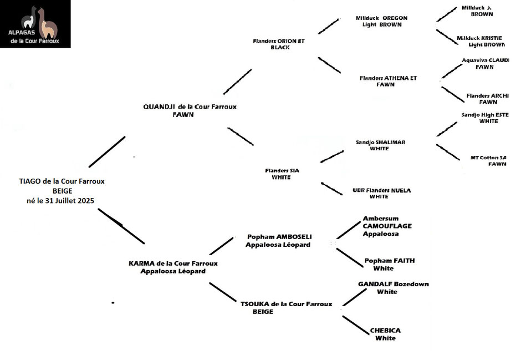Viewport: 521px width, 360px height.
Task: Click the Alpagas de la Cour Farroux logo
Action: coord(35,24)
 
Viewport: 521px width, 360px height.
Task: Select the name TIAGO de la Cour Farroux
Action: coord(62,181)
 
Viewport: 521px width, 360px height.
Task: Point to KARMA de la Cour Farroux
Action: coord(173,263)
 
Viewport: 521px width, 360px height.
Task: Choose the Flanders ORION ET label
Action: coord(278,41)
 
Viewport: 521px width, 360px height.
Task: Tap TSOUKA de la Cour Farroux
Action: coord(286,303)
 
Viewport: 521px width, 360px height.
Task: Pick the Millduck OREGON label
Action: coord(381,18)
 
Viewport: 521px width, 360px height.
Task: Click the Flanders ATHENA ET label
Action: coord(388,78)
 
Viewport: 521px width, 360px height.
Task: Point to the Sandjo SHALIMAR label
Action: coord(380,142)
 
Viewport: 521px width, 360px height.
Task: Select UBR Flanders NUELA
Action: coord(381,190)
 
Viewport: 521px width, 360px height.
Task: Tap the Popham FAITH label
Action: coord(389,260)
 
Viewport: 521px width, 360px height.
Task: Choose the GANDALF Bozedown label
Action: coord(393,284)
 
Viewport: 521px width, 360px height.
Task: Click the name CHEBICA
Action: coord(385,331)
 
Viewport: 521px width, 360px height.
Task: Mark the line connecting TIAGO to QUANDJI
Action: coord(107,151)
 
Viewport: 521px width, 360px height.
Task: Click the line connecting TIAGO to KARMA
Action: coord(121,226)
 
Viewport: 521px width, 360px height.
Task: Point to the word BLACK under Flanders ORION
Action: coord(280,48)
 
